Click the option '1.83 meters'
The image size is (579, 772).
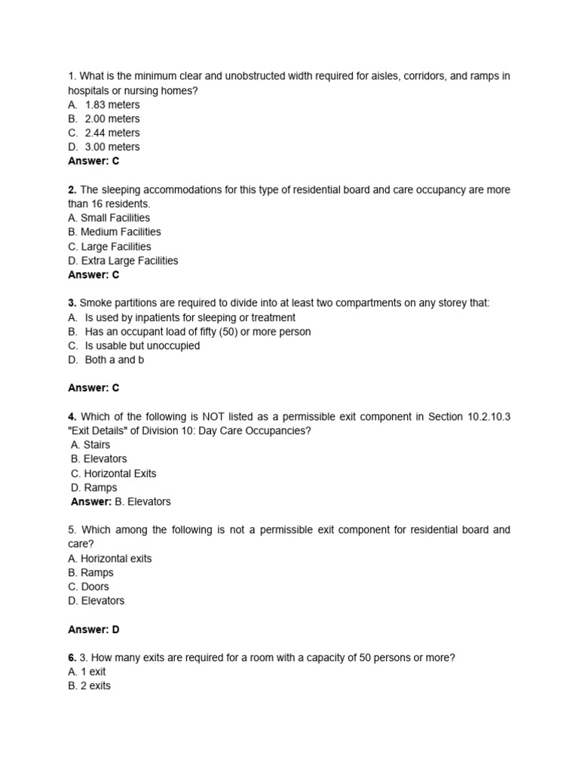click(112, 105)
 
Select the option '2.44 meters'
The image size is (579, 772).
click(112, 133)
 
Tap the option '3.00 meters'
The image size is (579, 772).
click(112, 147)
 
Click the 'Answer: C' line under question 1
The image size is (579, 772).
click(93, 161)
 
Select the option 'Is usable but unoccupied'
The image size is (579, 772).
click(142, 346)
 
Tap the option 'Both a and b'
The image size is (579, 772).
click(115, 360)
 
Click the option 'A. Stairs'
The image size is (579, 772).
click(90, 445)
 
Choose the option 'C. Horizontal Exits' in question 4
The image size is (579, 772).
click(114, 473)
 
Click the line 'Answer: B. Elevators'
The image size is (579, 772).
click(121, 502)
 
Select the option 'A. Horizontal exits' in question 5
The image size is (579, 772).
click(109, 559)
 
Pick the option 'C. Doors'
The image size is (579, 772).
click(88, 587)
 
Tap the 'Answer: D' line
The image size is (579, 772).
click(93, 630)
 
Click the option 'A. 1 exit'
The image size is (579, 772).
click(87, 672)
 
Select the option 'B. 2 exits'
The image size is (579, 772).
click(89, 686)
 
